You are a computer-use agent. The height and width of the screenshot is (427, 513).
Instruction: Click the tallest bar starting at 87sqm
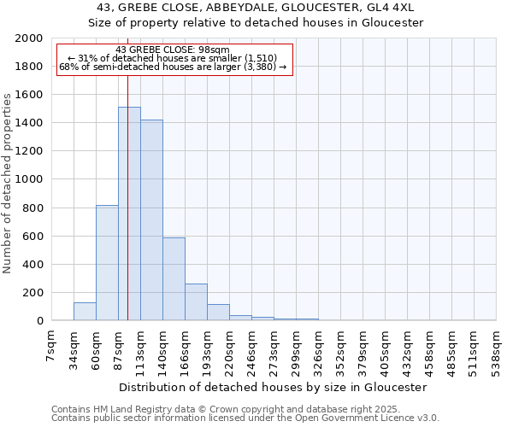[129, 213]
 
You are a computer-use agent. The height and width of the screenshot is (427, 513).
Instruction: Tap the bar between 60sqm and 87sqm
[107, 263]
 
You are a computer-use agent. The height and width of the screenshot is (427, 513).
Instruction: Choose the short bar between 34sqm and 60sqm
[85, 312]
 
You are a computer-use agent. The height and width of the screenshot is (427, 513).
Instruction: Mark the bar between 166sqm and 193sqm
[196, 302]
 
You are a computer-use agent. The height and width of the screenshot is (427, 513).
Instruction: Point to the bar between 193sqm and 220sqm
[218, 313]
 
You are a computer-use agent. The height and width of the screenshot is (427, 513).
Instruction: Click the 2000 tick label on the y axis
[30, 38]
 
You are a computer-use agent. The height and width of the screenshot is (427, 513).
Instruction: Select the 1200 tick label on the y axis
[30, 151]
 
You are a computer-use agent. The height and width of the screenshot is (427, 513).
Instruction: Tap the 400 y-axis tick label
[33, 265]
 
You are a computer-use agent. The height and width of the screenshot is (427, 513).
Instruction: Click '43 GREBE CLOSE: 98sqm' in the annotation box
[172, 50]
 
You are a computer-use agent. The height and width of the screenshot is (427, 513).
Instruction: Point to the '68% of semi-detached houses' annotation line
[172, 67]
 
